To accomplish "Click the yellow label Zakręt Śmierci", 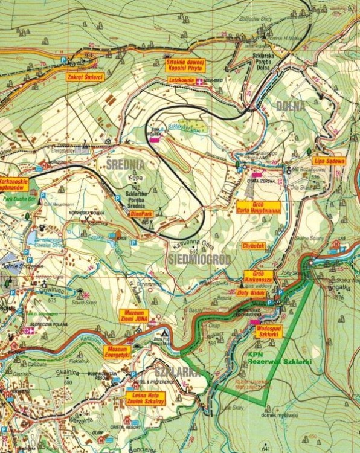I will point(86,78).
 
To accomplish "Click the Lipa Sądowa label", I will point(329,161).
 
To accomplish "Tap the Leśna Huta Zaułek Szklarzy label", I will point(146,399).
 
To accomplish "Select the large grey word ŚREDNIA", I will point(124,164).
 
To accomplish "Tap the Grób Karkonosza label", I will point(258,277).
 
